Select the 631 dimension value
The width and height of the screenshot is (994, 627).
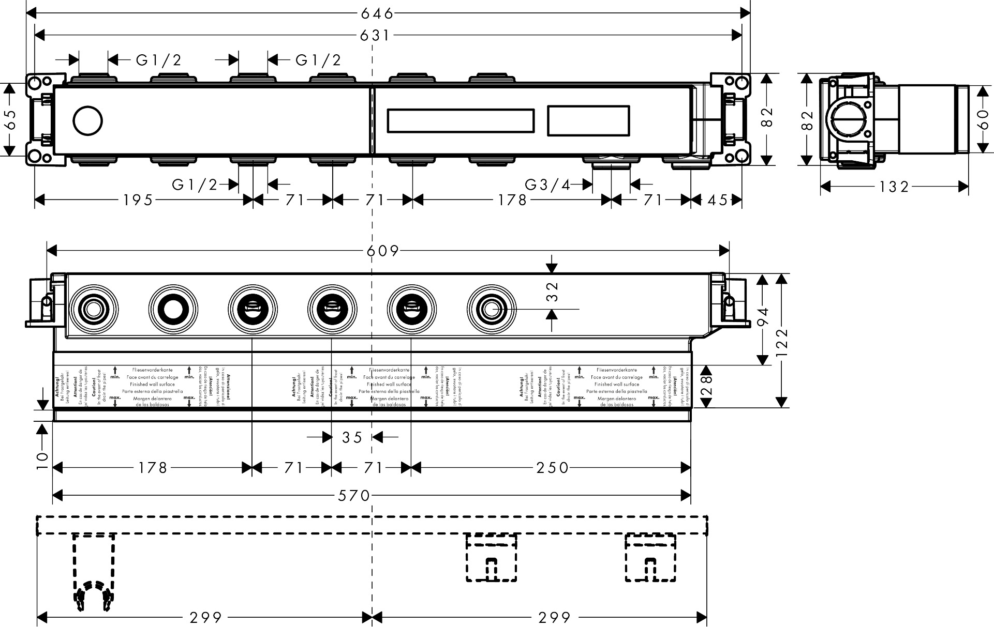point(374,36)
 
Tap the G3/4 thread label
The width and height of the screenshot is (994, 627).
point(547,185)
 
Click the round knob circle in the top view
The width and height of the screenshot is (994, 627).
point(88,121)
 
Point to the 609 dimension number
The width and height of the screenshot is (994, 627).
point(383,251)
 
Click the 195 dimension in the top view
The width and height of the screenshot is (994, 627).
point(138,200)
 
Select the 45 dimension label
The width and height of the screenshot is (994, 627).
point(717,200)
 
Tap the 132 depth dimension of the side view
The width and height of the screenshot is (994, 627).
point(894,187)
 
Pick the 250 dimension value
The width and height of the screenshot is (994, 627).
point(553,468)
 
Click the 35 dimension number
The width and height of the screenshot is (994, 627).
point(352,438)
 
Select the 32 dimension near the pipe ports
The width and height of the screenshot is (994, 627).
point(552,291)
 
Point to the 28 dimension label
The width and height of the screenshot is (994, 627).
point(706,385)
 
